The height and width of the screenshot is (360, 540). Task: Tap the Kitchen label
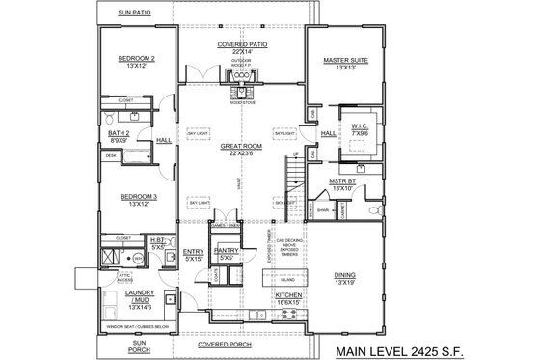tap(290, 294)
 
